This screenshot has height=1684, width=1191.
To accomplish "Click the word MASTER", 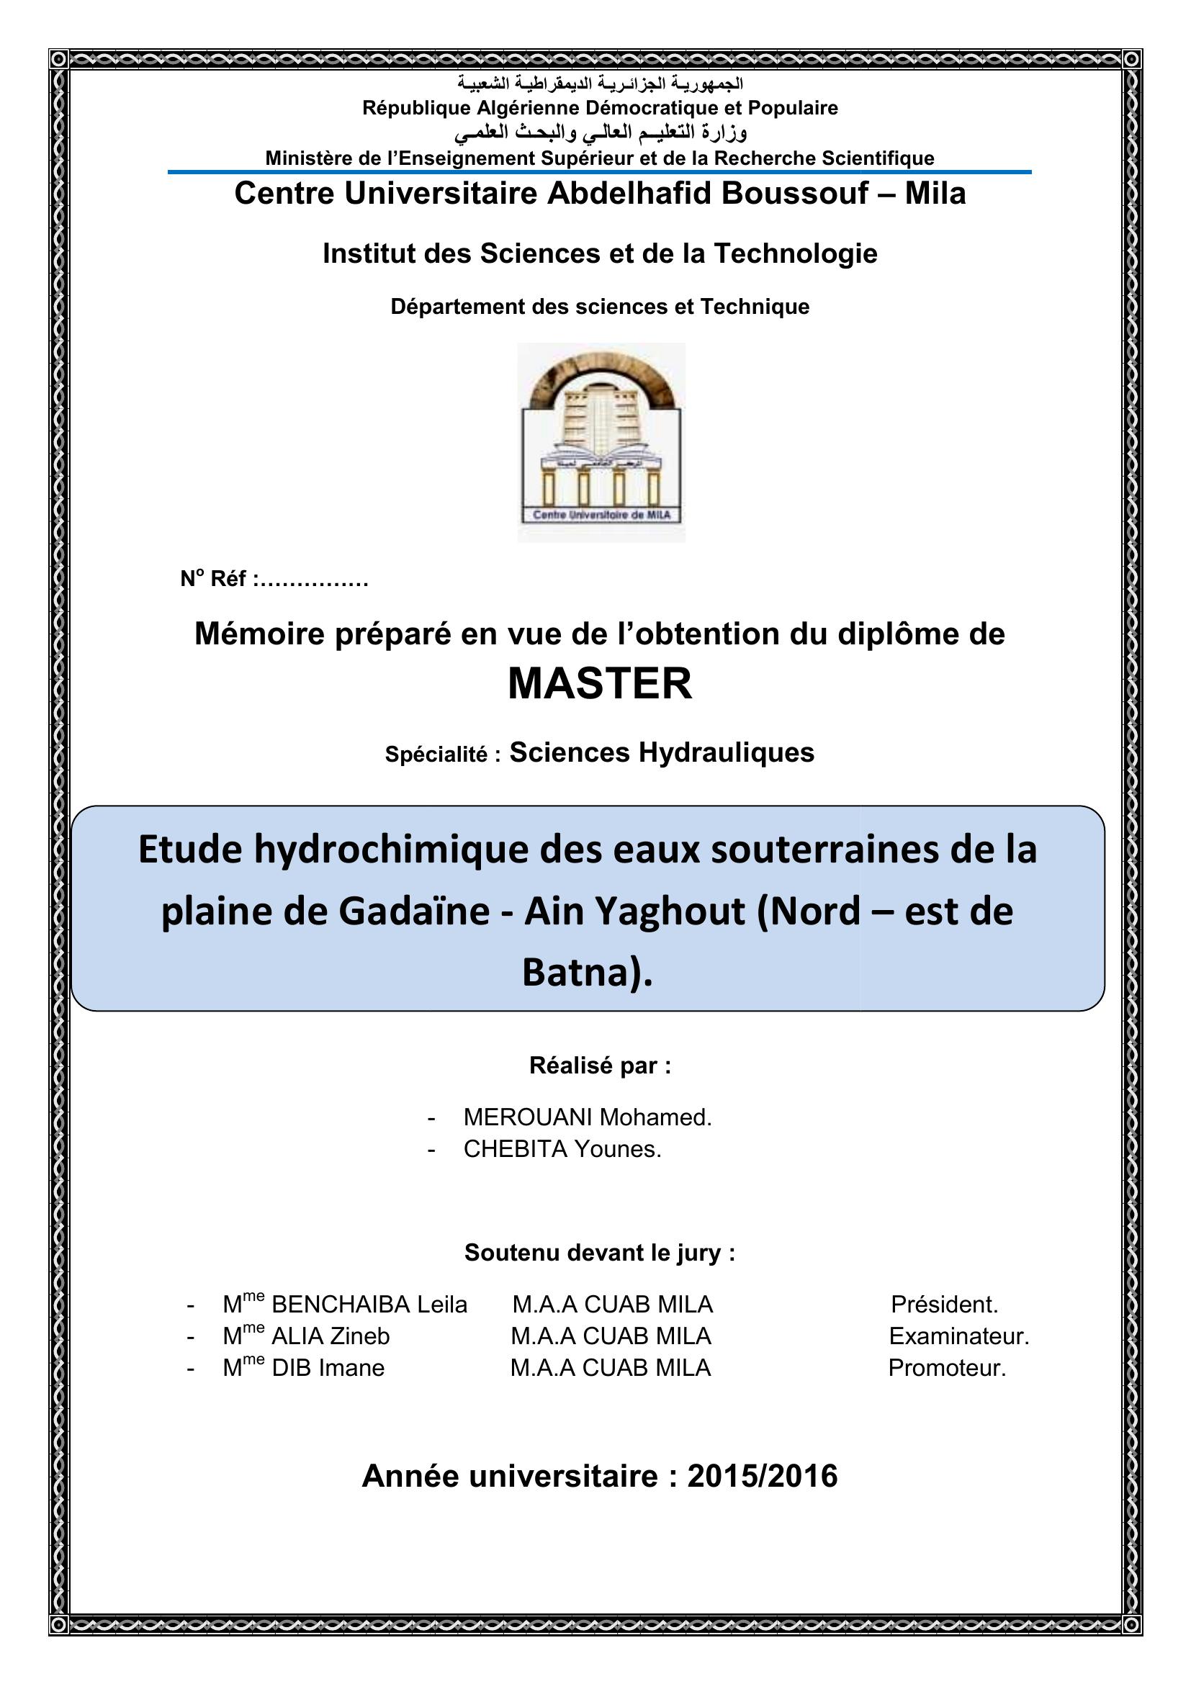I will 599,683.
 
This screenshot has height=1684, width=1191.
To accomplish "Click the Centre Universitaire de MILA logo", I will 601,442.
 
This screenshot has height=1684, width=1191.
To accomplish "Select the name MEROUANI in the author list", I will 527,1117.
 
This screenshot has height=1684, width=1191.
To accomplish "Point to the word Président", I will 944,1305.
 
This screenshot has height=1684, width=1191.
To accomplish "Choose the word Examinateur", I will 958,1336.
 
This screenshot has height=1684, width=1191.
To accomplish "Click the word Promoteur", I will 947,1368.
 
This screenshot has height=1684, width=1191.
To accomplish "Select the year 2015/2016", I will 762,1476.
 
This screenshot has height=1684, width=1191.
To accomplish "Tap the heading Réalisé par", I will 599,1066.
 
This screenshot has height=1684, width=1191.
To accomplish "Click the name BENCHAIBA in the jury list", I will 341,1305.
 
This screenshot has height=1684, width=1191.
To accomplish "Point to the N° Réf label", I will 212,580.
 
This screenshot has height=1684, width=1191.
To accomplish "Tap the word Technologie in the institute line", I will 795,253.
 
